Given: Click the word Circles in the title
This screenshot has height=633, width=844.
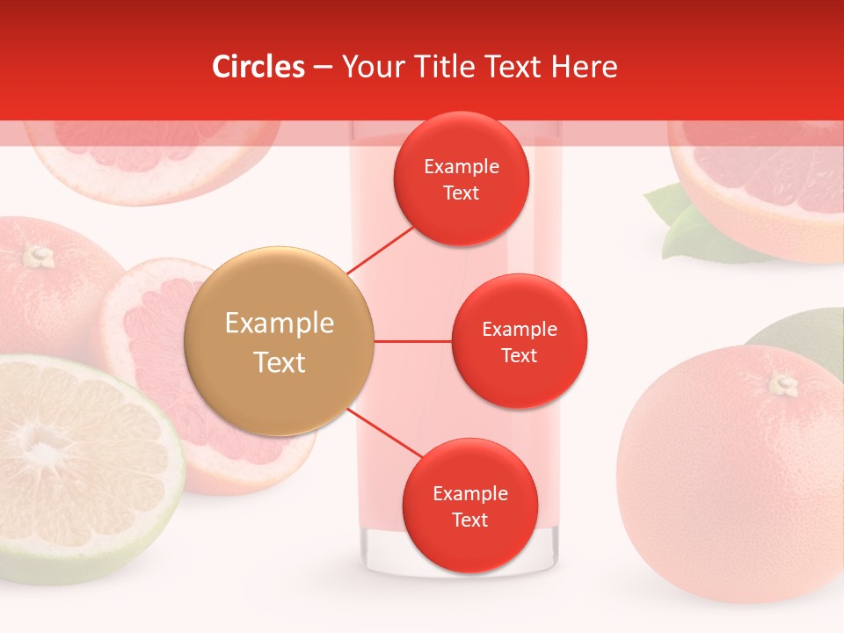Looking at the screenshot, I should click(x=258, y=67).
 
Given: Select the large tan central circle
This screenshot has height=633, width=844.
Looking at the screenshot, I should click(x=280, y=341).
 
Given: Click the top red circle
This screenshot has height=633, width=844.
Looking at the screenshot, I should click(x=461, y=178).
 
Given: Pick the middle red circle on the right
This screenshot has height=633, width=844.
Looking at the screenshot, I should click(x=519, y=341).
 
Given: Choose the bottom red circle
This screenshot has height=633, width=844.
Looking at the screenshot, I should click(x=469, y=506).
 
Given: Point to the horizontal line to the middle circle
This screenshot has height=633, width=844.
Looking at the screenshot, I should click(x=412, y=341).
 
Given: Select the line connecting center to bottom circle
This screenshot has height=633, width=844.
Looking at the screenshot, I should click(x=384, y=434).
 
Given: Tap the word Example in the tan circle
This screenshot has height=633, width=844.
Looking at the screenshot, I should click(x=280, y=324).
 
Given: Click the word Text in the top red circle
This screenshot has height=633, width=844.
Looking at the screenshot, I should click(x=461, y=193).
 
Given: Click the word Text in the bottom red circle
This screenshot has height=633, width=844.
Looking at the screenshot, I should click(x=469, y=520).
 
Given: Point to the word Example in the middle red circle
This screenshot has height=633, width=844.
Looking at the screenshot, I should click(x=519, y=329).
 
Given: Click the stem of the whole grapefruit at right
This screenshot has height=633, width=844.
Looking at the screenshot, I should click(x=782, y=383).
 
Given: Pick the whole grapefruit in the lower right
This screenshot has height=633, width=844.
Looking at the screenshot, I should click(x=730, y=475).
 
